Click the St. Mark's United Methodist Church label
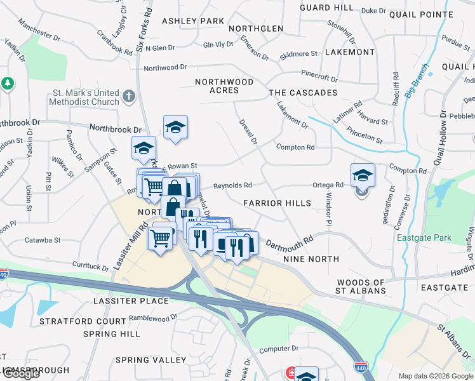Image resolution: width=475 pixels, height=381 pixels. coord(86,97)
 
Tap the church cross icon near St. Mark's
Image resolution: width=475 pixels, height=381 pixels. coord(129,97)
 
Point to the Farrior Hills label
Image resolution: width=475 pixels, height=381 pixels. coord(278,203)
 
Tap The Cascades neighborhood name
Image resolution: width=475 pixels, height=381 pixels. coord(303,93)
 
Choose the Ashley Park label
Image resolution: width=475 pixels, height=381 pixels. coord(193,21)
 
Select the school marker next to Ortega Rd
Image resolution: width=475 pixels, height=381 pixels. coord(363,175)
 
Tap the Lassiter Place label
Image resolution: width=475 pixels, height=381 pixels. coord(131,300)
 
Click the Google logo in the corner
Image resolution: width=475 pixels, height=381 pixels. coord(21,374)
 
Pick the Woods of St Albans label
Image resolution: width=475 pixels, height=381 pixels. coord(361,286)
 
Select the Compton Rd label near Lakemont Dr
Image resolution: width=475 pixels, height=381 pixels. coord(295,147)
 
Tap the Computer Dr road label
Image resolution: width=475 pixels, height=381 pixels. coord(278,349)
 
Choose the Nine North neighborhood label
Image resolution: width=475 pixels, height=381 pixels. coord(311,259)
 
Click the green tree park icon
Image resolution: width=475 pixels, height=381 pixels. coord(8,83)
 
